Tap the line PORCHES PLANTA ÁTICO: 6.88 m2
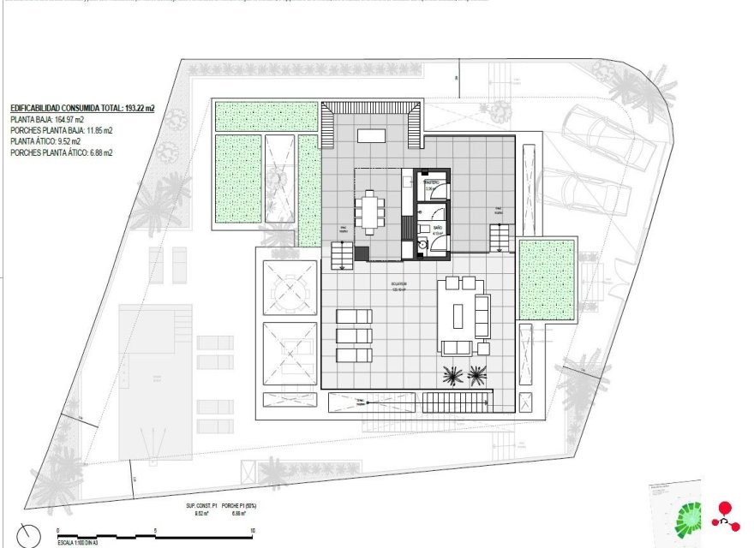coord(61,152)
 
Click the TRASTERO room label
coord(434,183)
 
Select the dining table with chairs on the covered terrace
coord(371,211)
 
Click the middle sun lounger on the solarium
coord(354,336)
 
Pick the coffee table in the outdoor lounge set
coord(457,314)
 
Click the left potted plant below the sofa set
coord(452,373)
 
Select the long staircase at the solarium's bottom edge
coord(457,402)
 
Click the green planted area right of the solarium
coord(547,279)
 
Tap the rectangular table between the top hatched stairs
coord(372,135)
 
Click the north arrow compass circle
coord(28,535)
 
